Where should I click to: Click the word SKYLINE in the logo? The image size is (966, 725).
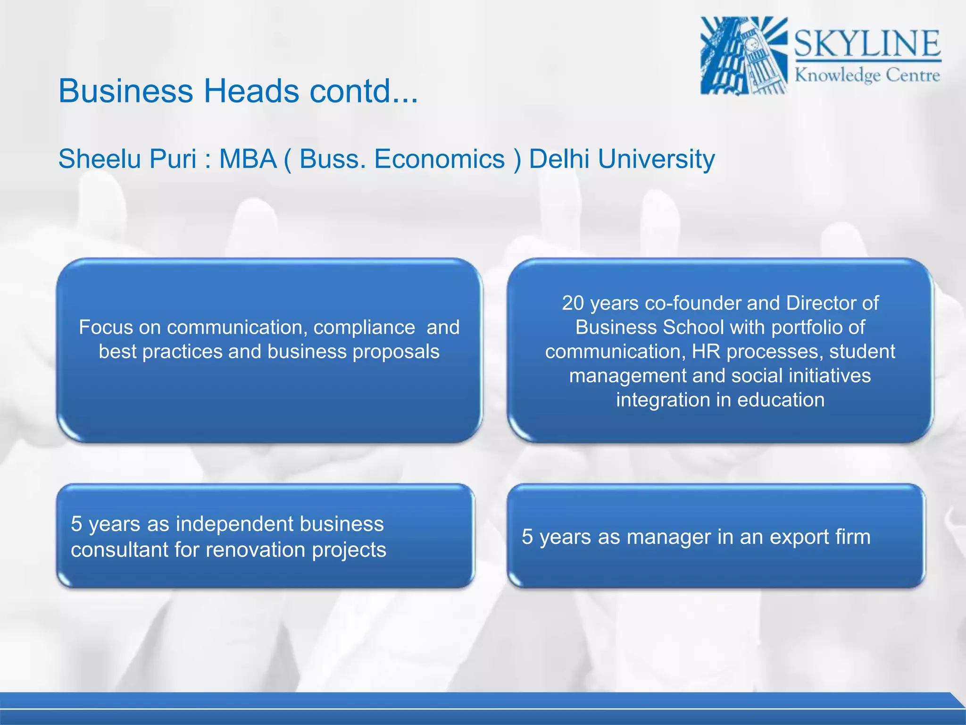click(x=867, y=43)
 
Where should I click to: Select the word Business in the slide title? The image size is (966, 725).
click(x=125, y=91)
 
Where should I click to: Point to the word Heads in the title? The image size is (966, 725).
click(x=251, y=91)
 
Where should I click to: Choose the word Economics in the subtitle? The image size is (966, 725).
click(x=439, y=159)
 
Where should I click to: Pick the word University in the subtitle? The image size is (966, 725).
click(x=656, y=159)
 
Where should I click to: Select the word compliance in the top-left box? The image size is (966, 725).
click(x=364, y=328)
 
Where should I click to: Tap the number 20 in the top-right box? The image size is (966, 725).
click(x=573, y=303)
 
